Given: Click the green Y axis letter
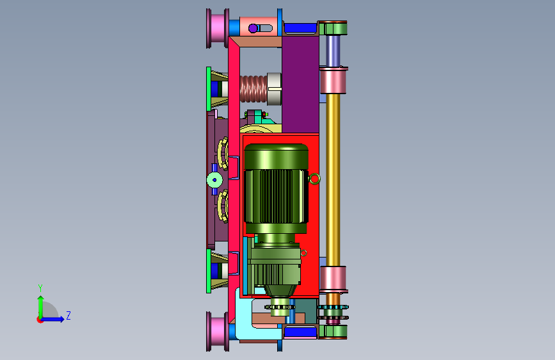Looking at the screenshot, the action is click(x=40, y=288).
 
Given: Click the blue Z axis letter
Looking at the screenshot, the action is click(x=68, y=315).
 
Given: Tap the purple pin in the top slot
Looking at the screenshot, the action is click(x=253, y=28).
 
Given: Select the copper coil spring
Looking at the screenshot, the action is click(x=253, y=89).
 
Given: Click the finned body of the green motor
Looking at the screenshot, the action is click(x=276, y=196).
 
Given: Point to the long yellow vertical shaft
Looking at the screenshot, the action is click(x=333, y=180).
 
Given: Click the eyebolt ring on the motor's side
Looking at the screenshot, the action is click(x=314, y=179).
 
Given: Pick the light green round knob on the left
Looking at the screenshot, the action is click(x=214, y=180).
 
